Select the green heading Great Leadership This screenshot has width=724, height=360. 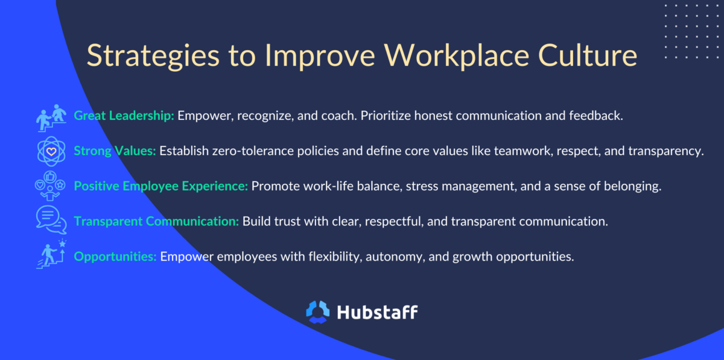[124, 116]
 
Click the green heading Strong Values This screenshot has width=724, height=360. [115, 151]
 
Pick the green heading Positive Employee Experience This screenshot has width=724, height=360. [160, 186]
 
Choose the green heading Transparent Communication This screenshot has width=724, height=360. [156, 221]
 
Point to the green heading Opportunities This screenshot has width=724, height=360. [115, 256]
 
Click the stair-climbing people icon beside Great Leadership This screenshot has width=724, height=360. [51, 116]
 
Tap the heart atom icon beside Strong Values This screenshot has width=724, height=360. [51, 151]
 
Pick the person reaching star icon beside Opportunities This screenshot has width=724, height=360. [51, 255]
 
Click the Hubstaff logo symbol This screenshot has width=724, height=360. [318, 312]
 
